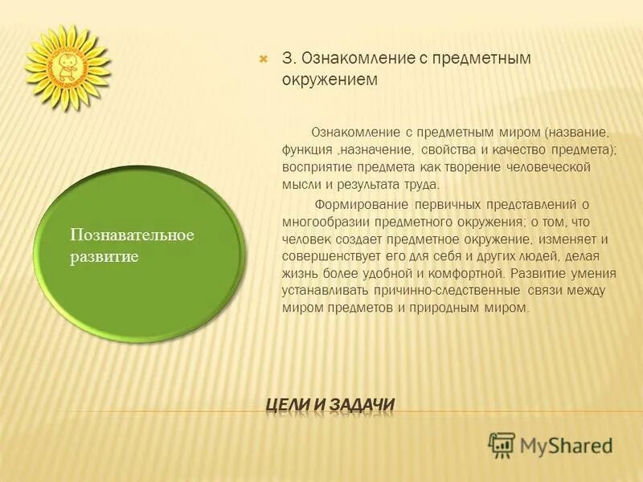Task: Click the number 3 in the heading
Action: coord(286,59)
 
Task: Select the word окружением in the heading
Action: coord(330,81)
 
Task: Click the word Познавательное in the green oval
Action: coord(132,235)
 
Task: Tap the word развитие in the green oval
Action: coord(104,257)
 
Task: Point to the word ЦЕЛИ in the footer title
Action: coord(290,405)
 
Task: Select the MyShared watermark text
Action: coord(566,445)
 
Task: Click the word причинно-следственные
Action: coord(456,291)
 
